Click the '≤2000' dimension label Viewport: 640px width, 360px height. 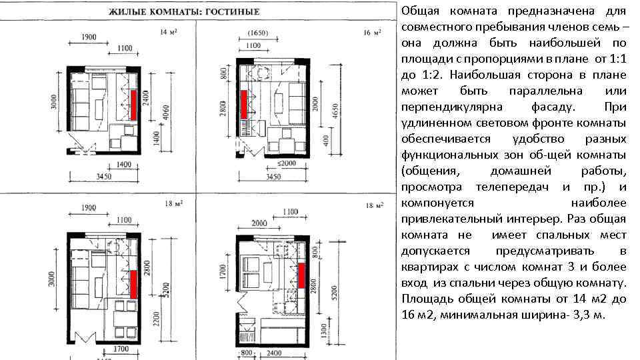pos(286,163)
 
